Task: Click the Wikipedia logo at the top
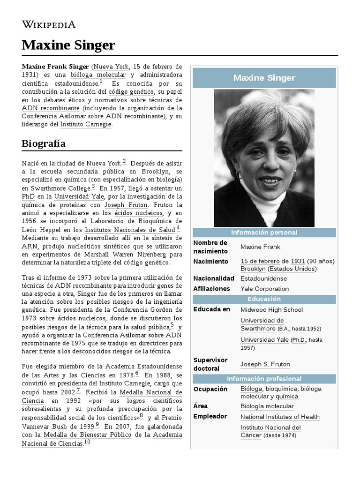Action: (49, 25)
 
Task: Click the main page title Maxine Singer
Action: (68, 45)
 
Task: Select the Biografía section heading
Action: (44, 143)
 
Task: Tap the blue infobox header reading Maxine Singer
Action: (264, 78)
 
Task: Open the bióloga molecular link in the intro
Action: (98, 75)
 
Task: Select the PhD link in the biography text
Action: (28, 197)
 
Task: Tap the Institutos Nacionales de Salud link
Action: (130, 230)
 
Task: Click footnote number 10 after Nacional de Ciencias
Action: (87, 442)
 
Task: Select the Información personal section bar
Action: (264, 232)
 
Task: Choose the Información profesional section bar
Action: (264, 379)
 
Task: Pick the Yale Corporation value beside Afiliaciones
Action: (264, 289)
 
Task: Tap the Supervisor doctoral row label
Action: (210, 364)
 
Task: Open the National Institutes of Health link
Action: (280, 417)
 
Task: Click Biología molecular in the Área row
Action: (267, 406)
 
